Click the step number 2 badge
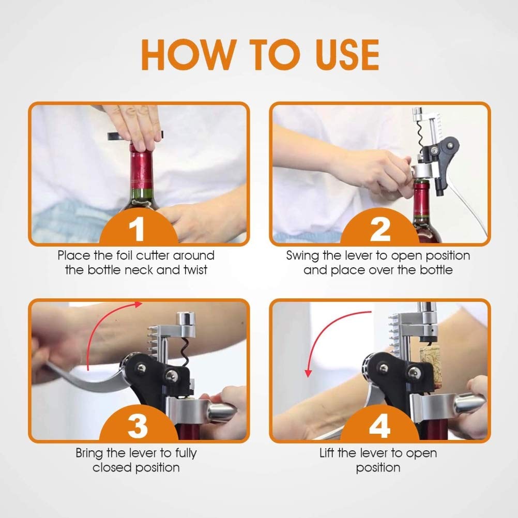coord(379,227)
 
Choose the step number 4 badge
coord(379,424)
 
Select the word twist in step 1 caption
coord(195,270)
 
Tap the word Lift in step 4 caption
coord(327,452)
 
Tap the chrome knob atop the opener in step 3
coord(186,319)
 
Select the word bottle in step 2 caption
coord(436,270)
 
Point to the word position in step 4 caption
coord(378,468)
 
